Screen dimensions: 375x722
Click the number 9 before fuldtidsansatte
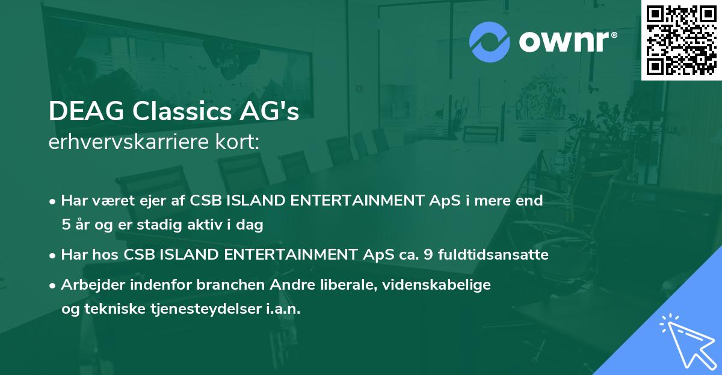428,255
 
